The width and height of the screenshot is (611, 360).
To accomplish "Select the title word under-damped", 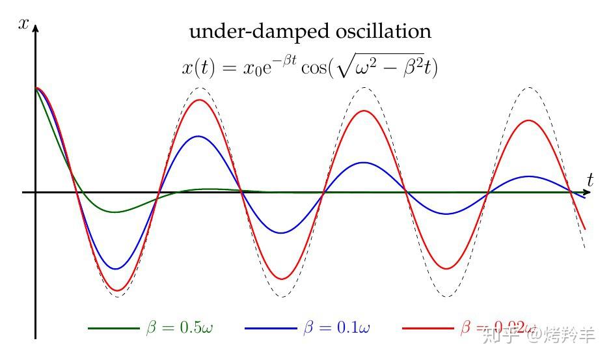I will coord(237,31).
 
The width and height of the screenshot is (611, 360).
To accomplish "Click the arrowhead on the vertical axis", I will coord(35,28).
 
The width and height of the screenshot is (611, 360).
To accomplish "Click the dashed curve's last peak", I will coord(530,87).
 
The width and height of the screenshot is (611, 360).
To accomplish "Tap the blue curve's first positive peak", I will coord(198,136).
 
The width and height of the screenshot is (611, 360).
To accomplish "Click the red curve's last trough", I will coord(447,269).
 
